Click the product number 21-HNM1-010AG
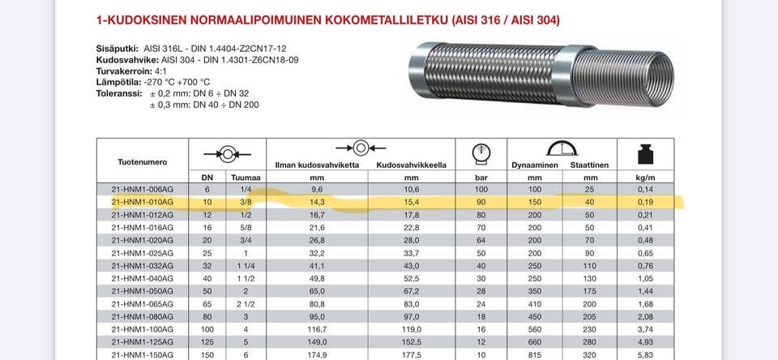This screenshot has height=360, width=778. click(x=142, y=202)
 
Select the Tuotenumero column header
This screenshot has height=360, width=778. click(x=142, y=162)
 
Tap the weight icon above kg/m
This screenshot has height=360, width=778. click(x=644, y=153)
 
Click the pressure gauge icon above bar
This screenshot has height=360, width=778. click(x=481, y=152)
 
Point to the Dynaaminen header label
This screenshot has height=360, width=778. click(x=534, y=165)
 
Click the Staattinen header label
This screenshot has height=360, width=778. click(x=589, y=165)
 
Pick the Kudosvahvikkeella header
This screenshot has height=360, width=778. click(x=412, y=165)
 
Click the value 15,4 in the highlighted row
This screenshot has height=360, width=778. click(x=411, y=202)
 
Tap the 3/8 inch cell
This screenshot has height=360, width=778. click(x=245, y=202)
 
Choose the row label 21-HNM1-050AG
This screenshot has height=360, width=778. click(x=142, y=290)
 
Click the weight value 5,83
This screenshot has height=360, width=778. click(x=645, y=354)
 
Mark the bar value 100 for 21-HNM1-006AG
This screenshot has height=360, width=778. click(x=480, y=190)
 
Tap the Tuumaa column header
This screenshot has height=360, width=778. click(x=245, y=177)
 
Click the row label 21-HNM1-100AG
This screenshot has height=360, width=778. click(x=142, y=328)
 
